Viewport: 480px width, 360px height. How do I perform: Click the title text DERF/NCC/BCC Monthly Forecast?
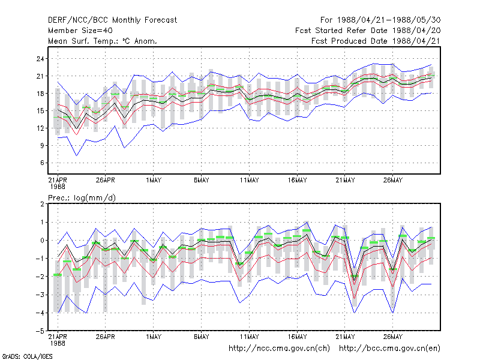pyautogui.click(x=112, y=20)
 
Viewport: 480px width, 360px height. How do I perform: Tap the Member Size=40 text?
pyautogui.click(x=80, y=31)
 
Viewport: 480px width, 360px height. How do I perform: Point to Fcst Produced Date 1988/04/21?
pyautogui.click(x=376, y=41)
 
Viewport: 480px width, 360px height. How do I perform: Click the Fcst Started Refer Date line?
pyautogui.click(x=368, y=31)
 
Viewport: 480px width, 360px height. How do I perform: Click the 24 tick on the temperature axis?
pyautogui.click(x=40, y=59)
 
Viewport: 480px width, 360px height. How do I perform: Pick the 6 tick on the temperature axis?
pyautogui.click(x=42, y=163)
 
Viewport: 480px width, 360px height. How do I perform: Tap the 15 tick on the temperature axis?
pyautogui.click(x=40, y=111)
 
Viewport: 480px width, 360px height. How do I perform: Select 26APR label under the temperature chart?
pyautogui.click(x=106, y=181)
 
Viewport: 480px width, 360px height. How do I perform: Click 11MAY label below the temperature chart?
pyautogui.click(x=249, y=181)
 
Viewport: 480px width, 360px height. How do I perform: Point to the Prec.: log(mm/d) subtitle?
pyautogui.click(x=82, y=198)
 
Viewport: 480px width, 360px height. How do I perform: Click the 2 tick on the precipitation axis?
pyautogui.click(x=42, y=204)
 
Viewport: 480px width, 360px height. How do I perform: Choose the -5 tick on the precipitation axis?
pyautogui.click(x=40, y=331)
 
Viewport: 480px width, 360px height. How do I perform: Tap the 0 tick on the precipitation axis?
pyautogui.click(x=42, y=241)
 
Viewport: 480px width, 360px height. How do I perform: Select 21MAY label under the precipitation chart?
pyautogui.click(x=345, y=337)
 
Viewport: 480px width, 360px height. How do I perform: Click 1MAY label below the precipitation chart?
pyautogui.click(x=154, y=337)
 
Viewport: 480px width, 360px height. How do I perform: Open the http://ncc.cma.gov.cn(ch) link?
pyautogui.click(x=279, y=349)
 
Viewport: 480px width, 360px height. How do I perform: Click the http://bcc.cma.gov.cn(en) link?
pyautogui.click(x=389, y=349)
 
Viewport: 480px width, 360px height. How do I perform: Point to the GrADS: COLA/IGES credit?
pyautogui.click(x=27, y=356)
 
